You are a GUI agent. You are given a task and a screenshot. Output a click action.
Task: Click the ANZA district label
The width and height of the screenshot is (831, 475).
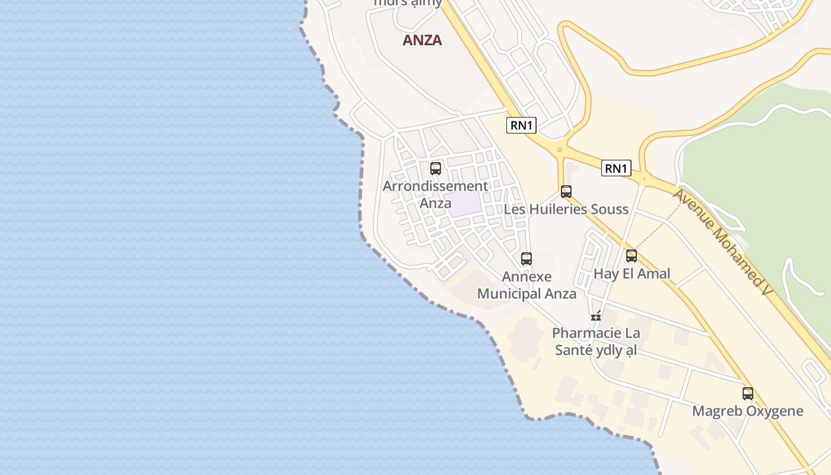click(x=422, y=40)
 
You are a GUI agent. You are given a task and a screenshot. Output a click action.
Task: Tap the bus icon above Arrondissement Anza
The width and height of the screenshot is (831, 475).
click(x=436, y=168)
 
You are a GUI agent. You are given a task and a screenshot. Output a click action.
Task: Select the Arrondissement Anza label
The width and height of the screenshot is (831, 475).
click(x=435, y=194)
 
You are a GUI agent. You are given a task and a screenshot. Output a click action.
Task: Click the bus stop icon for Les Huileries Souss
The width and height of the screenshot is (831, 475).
click(x=566, y=192)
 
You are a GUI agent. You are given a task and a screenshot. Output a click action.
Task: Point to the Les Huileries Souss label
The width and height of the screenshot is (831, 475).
click(x=566, y=209)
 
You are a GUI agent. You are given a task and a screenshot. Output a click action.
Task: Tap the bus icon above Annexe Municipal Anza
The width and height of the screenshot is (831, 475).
click(x=526, y=259)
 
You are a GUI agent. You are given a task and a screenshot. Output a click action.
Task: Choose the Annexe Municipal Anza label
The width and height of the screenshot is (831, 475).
click(x=526, y=285)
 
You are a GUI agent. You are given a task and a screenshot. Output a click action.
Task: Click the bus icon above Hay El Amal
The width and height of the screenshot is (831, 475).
click(x=632, y=256)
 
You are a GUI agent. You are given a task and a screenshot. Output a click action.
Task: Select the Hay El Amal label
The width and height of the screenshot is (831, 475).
click(x=632, y=273)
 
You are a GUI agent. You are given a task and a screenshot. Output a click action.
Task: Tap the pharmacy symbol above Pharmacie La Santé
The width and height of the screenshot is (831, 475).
click(x=596, y=316)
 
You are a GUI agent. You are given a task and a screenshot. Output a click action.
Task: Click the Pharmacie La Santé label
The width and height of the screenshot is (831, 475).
click(x=595, y=341)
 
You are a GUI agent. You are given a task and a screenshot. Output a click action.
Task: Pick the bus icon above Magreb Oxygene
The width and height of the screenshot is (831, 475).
click(x=748, y=394)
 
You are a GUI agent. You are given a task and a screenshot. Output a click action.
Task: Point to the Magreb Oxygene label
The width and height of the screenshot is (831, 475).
click(x=747, y=411)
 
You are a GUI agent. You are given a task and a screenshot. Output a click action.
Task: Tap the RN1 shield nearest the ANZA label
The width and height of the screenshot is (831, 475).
click(x=521, y=125)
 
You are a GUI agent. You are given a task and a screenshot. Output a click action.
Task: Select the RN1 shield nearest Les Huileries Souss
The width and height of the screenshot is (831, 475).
click(x=616, y=169)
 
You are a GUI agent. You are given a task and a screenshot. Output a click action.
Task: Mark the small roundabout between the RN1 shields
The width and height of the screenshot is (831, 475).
click(x=559, y=150)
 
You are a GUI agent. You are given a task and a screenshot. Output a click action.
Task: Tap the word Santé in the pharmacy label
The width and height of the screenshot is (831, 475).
click(x=574, y=350)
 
